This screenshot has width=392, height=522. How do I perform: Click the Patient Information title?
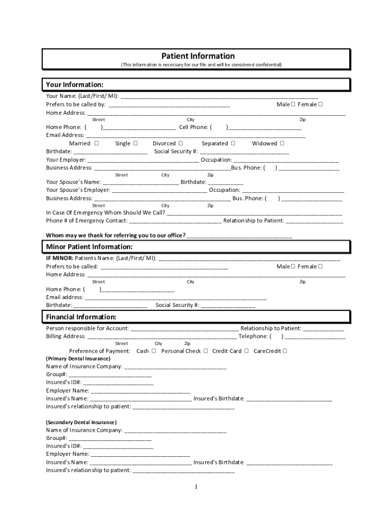(x=198, y=56)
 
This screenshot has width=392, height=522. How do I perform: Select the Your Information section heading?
(x=75, y=85)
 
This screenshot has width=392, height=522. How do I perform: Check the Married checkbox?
(x=96, y=143)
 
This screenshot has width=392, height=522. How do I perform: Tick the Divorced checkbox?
(x=181, y=143)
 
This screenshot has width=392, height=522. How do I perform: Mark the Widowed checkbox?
(x=282, y=143)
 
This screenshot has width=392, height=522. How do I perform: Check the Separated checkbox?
(x=233, y=143)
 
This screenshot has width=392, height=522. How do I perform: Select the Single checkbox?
(x=135, y=143)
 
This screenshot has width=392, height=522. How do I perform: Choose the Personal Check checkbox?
(x=206, y=351)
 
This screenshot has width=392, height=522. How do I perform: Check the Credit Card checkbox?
(x=246, y=351)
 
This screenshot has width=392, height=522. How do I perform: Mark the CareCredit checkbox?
(x=285, y=351)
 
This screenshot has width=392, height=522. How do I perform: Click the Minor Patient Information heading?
(x=89, y=247)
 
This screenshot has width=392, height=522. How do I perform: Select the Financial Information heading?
(x=81, y=317)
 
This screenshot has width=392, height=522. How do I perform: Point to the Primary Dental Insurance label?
(x=78, y=358)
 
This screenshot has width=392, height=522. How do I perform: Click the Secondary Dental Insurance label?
(x=81, y=422)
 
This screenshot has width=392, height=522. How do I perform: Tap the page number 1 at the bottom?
(x=195, y=487)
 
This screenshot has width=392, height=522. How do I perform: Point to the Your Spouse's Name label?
(x=73, y=182)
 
